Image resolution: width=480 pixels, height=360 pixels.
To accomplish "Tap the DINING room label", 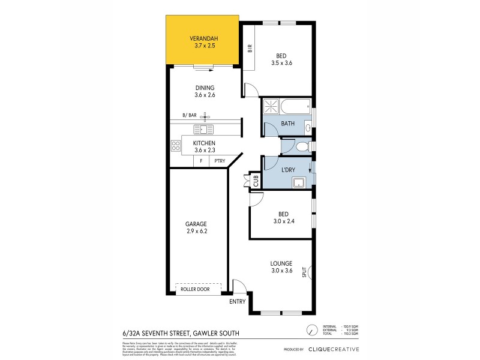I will (x=204, y=88).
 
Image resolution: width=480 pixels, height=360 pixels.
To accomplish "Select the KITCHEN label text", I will (x=204, y=143).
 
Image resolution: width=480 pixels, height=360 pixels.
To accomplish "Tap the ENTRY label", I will (x=238, y=302).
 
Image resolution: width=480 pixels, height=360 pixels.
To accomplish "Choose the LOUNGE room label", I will (x=281, y=263).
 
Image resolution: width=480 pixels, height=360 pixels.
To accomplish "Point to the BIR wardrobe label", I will (x=250, y=49).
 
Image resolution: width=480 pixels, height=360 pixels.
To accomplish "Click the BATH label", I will (x=287, y=124).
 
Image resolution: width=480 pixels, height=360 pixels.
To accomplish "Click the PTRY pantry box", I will (x=219, y=161).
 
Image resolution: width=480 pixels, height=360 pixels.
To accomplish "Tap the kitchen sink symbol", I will (x=203, y=129).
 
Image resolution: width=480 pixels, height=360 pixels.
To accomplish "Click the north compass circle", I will (x=311, y=331).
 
